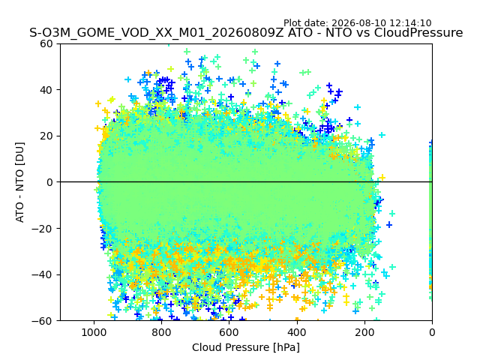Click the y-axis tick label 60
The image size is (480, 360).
click(46, 43)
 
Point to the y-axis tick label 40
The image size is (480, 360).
click(46, 90)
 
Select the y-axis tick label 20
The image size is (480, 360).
click(46, 136)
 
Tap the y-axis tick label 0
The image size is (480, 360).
click(49, 182)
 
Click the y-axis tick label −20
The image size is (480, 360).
click(42, 229)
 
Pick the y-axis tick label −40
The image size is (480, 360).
click(42, 275)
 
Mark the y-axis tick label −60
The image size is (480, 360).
click(42, 321)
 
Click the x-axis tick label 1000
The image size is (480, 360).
click(94, 332)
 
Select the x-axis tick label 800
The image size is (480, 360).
click(162, 332)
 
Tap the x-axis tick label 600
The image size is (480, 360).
click(229, 332)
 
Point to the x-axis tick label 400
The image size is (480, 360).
click(297, 332)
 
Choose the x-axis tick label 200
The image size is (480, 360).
click(364, 332)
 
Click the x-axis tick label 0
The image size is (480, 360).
click(432, 332)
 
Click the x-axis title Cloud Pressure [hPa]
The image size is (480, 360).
click(246, 348)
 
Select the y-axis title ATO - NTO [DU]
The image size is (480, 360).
click(20, 182)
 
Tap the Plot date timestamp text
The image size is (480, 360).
click(358, 23)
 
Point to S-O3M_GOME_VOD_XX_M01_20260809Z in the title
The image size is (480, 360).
click(157, 33)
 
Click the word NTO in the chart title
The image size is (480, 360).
click(338, 32)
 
